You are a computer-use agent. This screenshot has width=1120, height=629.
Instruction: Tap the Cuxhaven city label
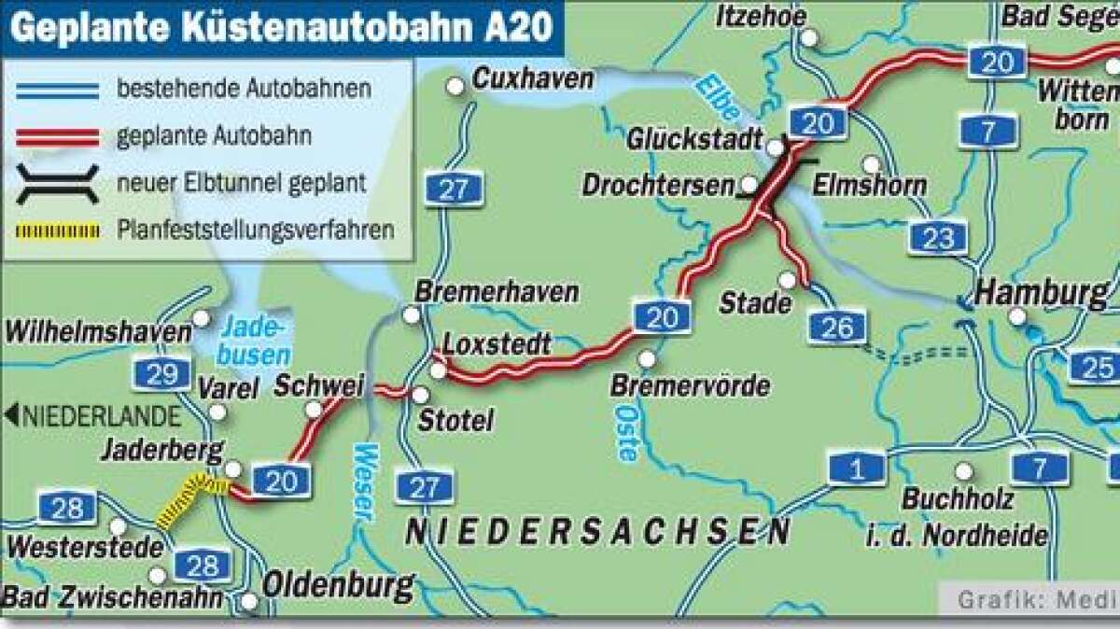pyautogui.click(x=532, y=79)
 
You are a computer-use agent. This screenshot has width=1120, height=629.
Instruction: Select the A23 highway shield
pyautogui.click(x=938, y=238)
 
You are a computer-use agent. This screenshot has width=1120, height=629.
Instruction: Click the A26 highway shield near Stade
pyautogui.click(x=837, y=327)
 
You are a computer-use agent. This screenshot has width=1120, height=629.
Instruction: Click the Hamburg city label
pyautogui.click(x=1041, y=294)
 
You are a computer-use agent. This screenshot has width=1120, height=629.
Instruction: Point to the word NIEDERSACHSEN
pyautogui.click(x=597, y=533)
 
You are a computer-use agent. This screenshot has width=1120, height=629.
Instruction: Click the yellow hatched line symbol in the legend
pyautogui.click(x=56, y=230)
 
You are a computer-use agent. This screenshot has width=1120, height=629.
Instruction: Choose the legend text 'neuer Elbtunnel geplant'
pyautogui.click(x=241, y=183)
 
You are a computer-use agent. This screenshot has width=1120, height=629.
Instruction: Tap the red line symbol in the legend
pyautogui.click(x=56, y=136)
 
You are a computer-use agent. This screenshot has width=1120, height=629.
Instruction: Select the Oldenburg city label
pyautogui.click(x=338, y=586)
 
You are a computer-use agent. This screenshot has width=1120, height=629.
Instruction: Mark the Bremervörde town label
pyautogui.click(x=690, y=384)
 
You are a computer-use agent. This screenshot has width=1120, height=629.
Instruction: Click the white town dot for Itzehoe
pyautogui.click(x=809, y=38)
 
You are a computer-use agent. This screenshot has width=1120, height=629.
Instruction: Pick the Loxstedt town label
pyautogui.click(x=496, y=343)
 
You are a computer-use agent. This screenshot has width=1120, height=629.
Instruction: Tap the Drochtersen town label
pyautogui.click(x=657, y=185)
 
